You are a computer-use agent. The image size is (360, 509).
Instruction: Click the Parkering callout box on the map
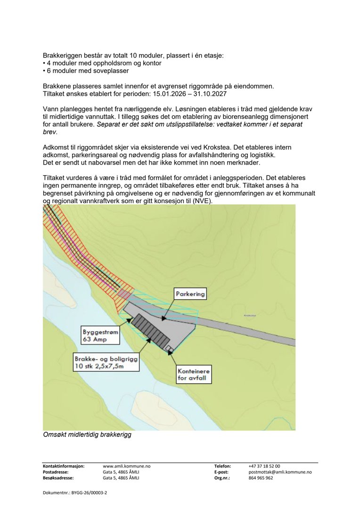point(190,294)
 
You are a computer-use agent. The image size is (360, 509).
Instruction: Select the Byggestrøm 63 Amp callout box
point(100,335)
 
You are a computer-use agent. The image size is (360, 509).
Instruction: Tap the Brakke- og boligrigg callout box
point(106,362)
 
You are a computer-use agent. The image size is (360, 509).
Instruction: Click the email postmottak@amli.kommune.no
point(280,472)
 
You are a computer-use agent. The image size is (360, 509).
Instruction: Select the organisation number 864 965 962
point(261,477)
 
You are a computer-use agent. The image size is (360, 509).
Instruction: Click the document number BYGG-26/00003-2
point(75,493)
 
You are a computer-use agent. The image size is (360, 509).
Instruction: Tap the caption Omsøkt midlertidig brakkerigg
point(87,435)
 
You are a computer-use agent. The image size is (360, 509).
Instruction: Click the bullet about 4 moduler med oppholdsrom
point(102,63)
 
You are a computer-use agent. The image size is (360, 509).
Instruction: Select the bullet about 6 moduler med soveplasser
point(86,71)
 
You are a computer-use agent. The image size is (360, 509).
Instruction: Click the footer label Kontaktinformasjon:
point(64,466)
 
